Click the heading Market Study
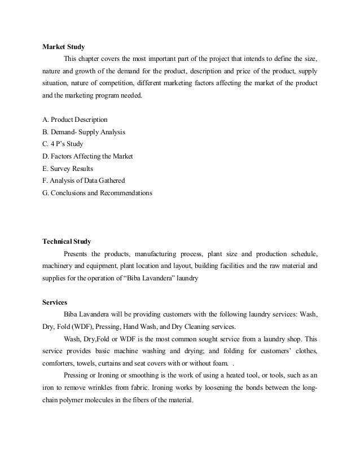coord(65,47)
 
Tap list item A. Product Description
coord(75,120)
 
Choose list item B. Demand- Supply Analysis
coord(84,132)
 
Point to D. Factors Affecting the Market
coord(87,156)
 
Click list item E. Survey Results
coord(68,168)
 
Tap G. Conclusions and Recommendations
coord(97,193)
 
